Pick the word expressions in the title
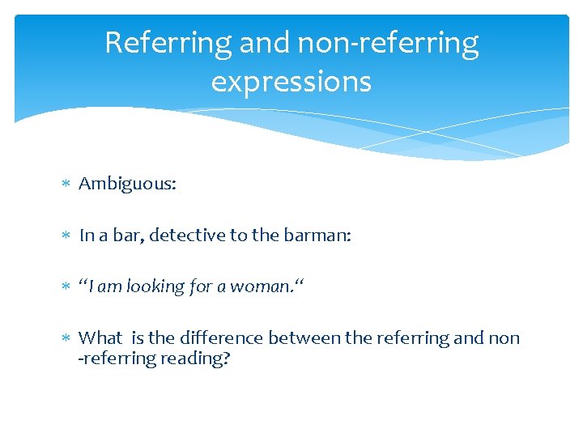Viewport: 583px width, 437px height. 291,81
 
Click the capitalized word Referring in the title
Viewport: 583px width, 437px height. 167,43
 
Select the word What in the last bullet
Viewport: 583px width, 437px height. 100,337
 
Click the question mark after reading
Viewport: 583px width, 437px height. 226,358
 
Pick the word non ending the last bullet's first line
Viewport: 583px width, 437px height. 505,337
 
